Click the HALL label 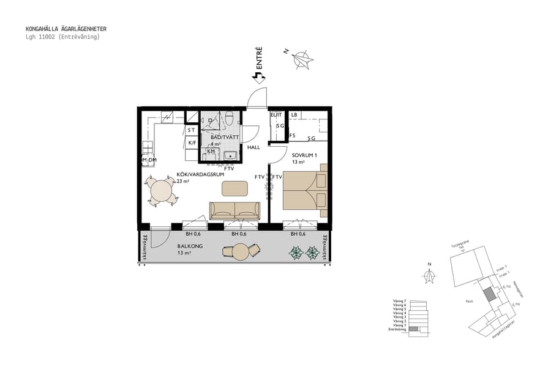[254, 147]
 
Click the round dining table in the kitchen [162, 190]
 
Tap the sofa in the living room [234, 210]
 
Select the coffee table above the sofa [234, 188]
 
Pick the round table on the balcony [241, 251]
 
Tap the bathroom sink [230, 154]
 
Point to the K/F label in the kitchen [192, 143]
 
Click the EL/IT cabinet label [276, 114]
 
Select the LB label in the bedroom [294, 114]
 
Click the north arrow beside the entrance [301, 59]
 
